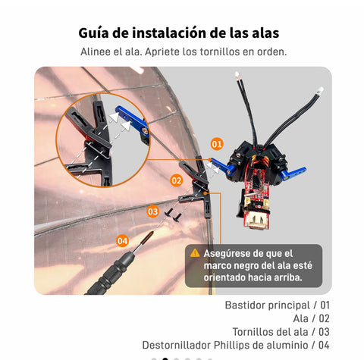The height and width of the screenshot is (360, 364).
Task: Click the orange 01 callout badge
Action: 217,144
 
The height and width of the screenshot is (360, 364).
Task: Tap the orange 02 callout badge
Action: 177,180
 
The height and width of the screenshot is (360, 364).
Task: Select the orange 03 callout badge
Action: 152,211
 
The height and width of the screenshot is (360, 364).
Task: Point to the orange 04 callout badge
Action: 122,241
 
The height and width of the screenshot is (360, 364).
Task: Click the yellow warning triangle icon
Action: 195,253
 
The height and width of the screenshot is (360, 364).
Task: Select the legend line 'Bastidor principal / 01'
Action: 277,305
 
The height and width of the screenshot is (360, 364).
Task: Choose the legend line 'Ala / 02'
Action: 311,318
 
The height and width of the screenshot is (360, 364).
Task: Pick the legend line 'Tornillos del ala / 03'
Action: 281,332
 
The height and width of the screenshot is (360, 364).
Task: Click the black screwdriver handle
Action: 108,274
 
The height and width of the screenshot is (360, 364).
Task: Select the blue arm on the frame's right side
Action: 293,173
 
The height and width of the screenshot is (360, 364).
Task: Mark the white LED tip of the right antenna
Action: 320,90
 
